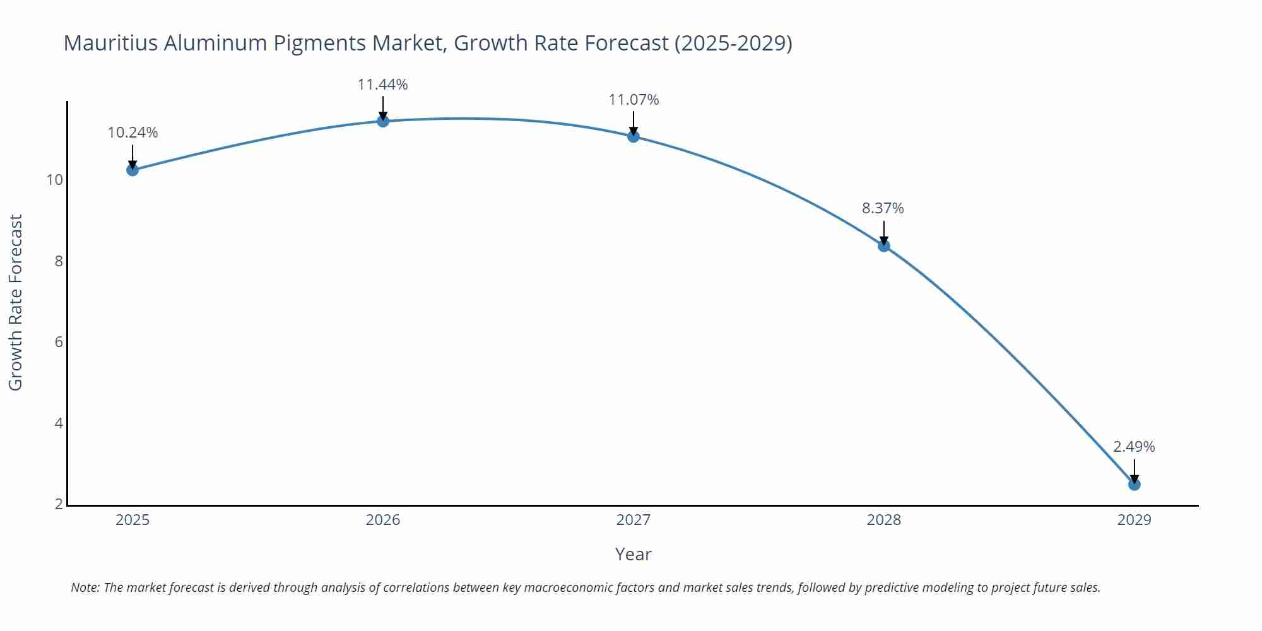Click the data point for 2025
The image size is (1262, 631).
tap(133, 170)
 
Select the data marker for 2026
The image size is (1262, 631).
tap(383, 121)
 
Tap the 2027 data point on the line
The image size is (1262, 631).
tap(634, 136)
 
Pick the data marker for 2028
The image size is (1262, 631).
tap(884, 245)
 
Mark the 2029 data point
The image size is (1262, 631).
tap(1134, 485)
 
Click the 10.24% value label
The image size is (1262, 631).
tap(133, 133)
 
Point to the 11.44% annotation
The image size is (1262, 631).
tap(382, 85)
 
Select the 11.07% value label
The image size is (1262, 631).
tap(634, 100)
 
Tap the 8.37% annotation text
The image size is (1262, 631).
tap(883, 208)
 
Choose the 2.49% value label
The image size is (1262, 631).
tap(1134, 447)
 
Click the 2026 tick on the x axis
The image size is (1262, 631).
tap(383, 520)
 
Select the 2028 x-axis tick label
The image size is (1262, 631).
tap(883, 520)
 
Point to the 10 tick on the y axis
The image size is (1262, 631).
tap(55, 180)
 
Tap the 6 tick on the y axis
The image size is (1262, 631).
tap(59, 342)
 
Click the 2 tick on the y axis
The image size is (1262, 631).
tap(59, 504)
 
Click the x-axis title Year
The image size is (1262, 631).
tap(633, 554)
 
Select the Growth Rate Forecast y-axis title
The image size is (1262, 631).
tap(16, 303)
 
